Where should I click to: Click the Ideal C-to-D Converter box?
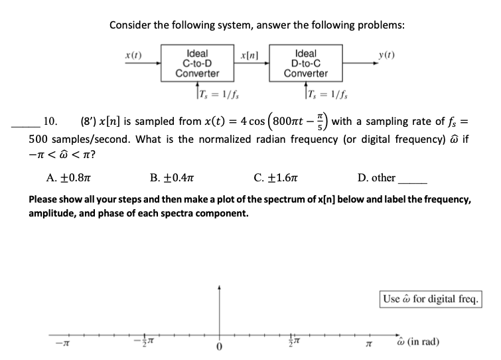pyautogui.click(x=197, y=63)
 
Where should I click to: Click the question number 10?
pyautogui.click(x=50, y=122)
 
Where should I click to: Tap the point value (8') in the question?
pyautogui.click(x=88, y=122)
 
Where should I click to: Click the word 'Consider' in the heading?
pyautogui.click(x=131, y=25)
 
